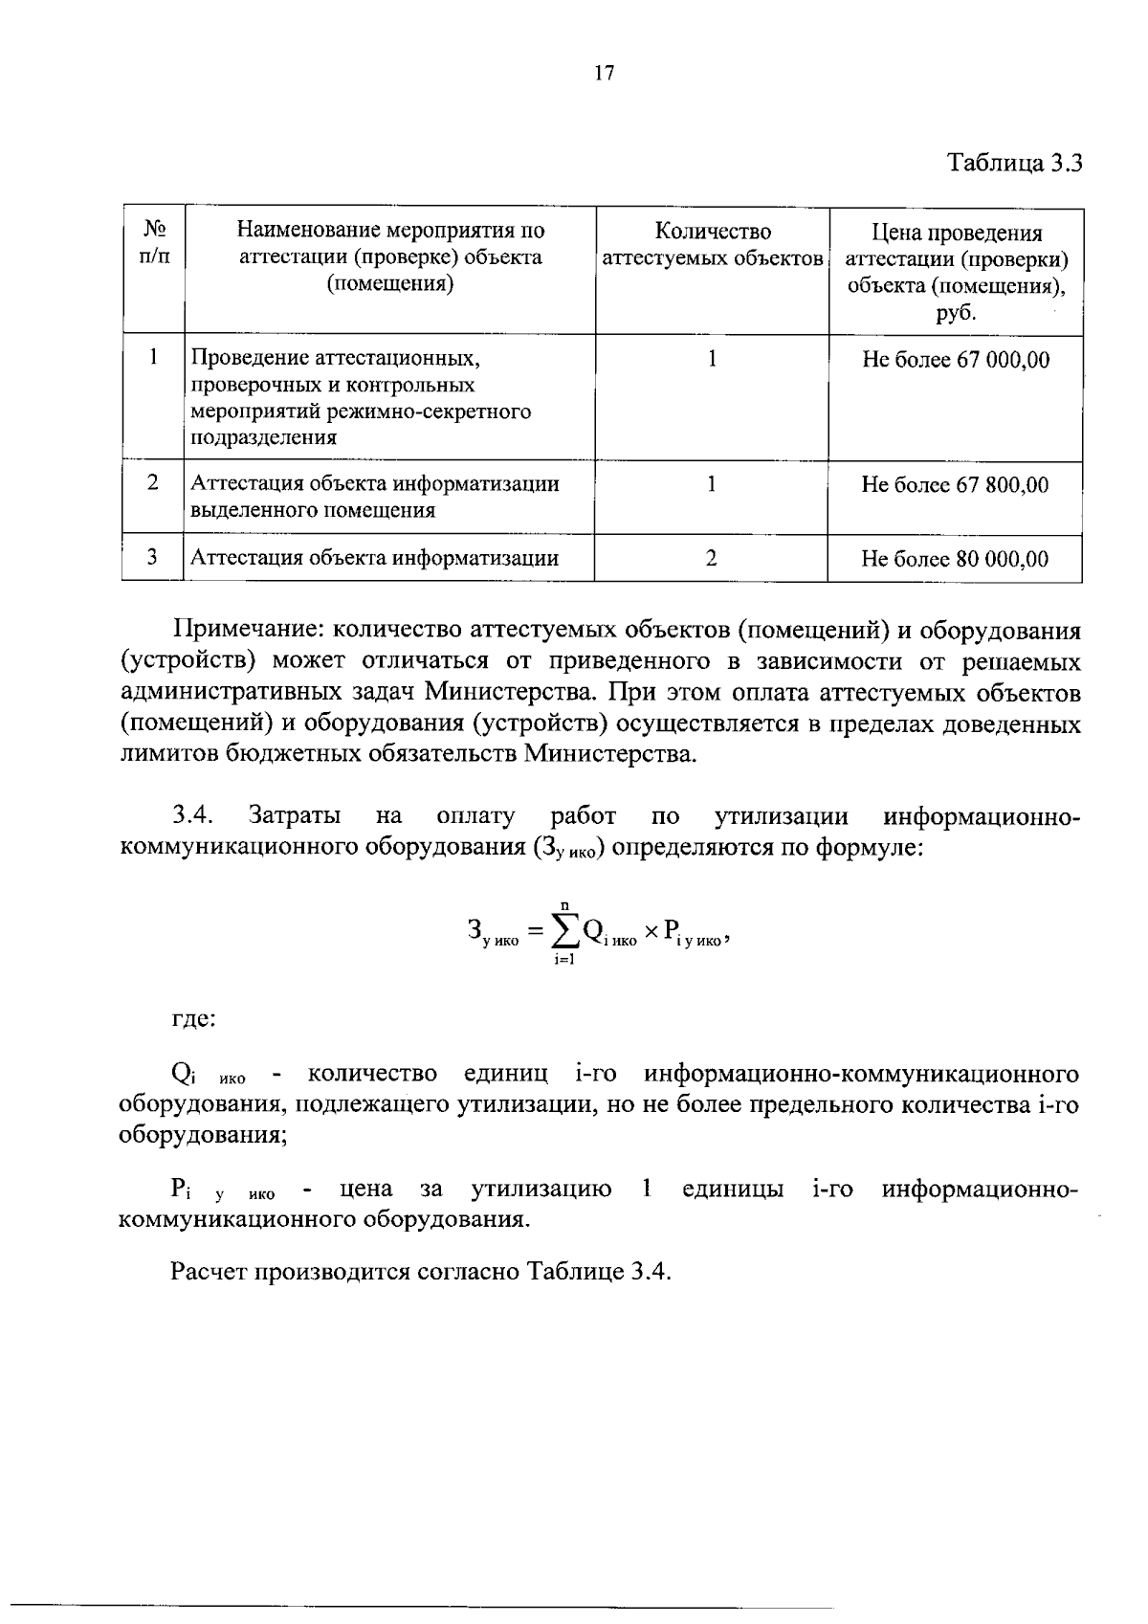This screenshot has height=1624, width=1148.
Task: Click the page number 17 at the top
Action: pos(604,74)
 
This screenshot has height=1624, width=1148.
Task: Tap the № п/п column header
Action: pos(153,243)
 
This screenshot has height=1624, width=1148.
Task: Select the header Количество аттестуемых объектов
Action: pos(713,245)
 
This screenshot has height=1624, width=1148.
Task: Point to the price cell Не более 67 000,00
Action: pos(956,360)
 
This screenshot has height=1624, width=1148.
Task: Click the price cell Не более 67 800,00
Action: pos(956,485)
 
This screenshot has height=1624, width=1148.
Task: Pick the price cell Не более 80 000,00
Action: pos(956,559)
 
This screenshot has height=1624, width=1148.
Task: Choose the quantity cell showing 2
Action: pos(712,559)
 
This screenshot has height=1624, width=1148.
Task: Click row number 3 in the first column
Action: pos(153,558)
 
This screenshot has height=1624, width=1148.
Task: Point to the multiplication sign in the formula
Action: pos(651,931)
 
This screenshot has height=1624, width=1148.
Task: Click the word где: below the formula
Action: pos(193,1018)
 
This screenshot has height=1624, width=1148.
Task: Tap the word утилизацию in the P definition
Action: pos(541,1190)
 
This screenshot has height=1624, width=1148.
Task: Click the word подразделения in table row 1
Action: pos(264,438)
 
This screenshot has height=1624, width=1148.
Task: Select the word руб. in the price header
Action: pos(956,313)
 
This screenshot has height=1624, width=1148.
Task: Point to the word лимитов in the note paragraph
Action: pos(169,754)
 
